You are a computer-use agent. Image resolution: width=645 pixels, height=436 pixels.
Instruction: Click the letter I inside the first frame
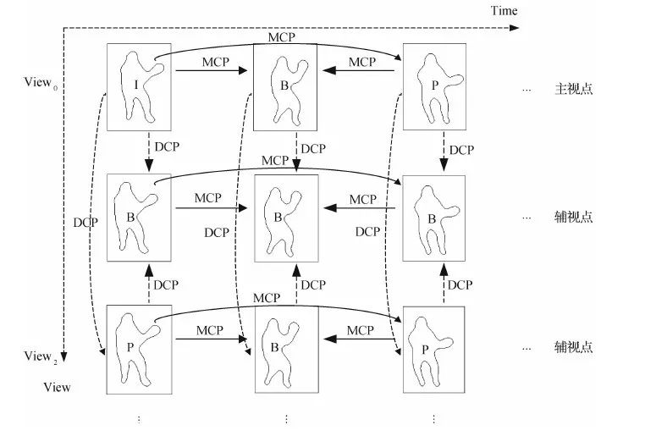pos(135,85)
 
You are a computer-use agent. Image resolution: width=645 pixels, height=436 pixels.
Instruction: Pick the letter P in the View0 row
pos(430,83)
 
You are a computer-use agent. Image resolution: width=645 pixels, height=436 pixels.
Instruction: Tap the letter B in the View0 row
pos(284,85)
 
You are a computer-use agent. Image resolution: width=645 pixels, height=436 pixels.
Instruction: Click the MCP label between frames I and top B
pos(216,62)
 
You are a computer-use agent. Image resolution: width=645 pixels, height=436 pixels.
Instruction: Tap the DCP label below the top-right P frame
pos(461,150)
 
